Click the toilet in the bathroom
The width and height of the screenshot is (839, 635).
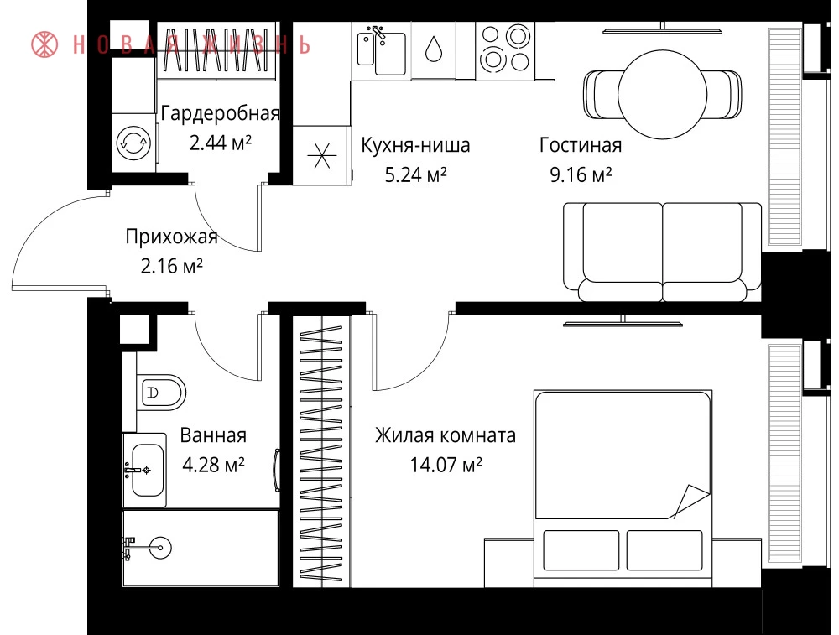pyautogui.click(x=160, y=392)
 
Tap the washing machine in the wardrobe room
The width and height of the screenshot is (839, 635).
pyautogui.click(x=133, y=143)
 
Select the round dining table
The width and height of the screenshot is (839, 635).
pyautogui.click(x=663, y=95)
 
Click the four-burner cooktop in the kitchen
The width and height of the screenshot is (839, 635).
pyautogui.click(x=505, y=49)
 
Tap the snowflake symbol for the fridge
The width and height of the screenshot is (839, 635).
pyautogui.click(x=322, y=156)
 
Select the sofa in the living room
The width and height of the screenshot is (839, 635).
pyautogui.click(x=663, y=252)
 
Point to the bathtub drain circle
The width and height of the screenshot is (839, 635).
pyautogui.click(x=160, y=548)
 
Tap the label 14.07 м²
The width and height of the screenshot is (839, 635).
pyautogui.click(x=446, y=465)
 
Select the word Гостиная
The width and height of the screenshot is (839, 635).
pyautogui.click(x=581, y=145)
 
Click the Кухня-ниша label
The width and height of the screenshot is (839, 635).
pyautogui.click(x=416, y=145)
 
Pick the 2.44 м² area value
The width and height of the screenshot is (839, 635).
pyautogui.click(x=221, y=143)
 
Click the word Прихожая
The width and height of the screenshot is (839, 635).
pyautogui.click(x=172, y=237)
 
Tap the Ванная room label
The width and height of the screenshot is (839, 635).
pyautogui.click(x=213, y=435)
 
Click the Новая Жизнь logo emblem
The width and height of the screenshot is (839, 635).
pyautogui.click(x=45, y=44)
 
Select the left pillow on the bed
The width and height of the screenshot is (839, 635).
pyautogui.click(x=581, y=550)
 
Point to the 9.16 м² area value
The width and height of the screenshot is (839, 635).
pyautogui.click(x=581, y=174)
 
